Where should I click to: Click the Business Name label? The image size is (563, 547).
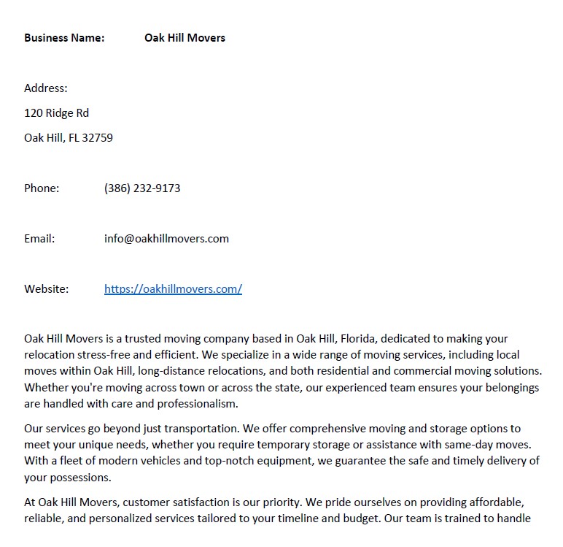[64, 37]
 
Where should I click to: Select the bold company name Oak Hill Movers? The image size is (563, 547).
[185, 37]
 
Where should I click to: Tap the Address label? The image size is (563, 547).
[45, 88]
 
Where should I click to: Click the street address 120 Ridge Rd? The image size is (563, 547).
[56, 113]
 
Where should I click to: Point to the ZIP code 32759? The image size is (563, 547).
[98, 138]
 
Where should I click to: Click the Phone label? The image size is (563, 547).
[42, 188]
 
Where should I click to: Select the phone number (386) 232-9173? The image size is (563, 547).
[142, 188]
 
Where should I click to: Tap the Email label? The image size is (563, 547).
[39, 239]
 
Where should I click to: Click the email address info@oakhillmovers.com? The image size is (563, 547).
[166, 239]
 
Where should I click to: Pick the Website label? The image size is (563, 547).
[46, 289]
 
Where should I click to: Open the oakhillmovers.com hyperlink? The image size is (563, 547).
[173, 289]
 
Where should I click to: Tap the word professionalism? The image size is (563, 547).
[193, 403]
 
